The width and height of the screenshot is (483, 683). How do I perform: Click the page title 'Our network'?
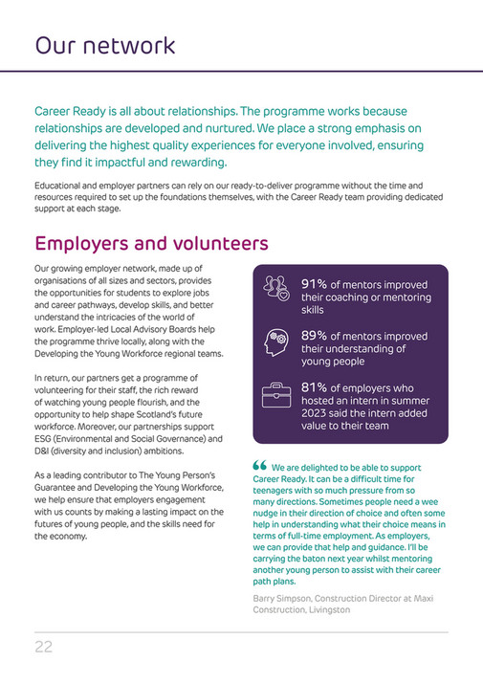[x=105, y=45]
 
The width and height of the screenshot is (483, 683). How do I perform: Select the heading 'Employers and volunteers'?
[x=151, y=244]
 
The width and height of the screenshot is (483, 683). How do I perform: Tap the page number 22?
[x=44, y=647]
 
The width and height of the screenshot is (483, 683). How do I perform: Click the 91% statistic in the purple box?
[x=315, y=284]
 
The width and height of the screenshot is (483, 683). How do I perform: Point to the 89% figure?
[x=315, y=336]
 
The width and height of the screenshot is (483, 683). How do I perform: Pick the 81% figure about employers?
[x=315, y=386]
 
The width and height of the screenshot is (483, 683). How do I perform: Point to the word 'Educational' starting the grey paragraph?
[x=60, y=184]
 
